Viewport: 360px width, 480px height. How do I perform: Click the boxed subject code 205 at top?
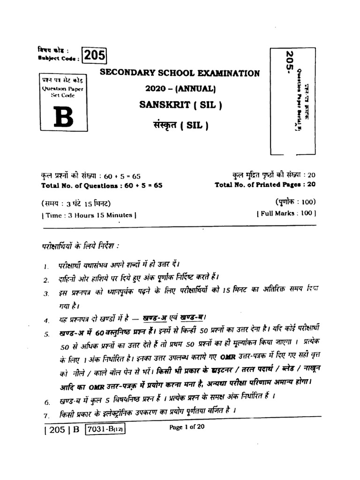point(95,56)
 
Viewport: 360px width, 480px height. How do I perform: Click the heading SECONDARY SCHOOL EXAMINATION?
point(179,73)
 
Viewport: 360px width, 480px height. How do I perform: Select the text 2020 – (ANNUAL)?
point(180,89)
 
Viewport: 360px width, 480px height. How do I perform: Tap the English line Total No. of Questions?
point(102,185)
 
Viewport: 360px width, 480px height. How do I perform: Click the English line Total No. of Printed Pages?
point(265,185)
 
